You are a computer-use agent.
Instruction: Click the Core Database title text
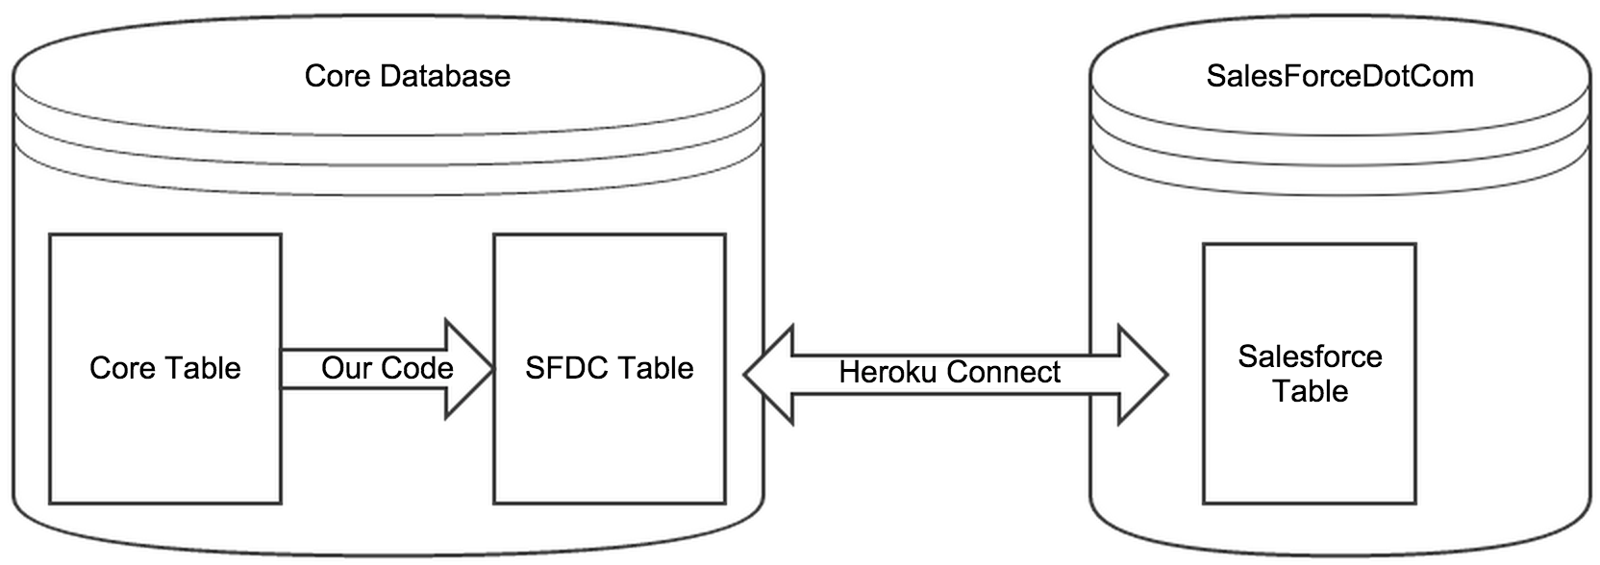click(407, 76)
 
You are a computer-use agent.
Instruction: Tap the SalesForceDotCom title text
click(1339, 76)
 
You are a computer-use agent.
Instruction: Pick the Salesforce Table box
click(1309, 452)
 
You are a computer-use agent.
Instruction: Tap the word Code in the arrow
click(416, 368)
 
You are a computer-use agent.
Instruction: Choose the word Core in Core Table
click(122, 368)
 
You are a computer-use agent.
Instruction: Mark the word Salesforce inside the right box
click(1310, 356)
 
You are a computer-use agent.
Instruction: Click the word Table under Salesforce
click(1310, 391)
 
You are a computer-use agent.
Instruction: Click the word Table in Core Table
click(202, 368)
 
